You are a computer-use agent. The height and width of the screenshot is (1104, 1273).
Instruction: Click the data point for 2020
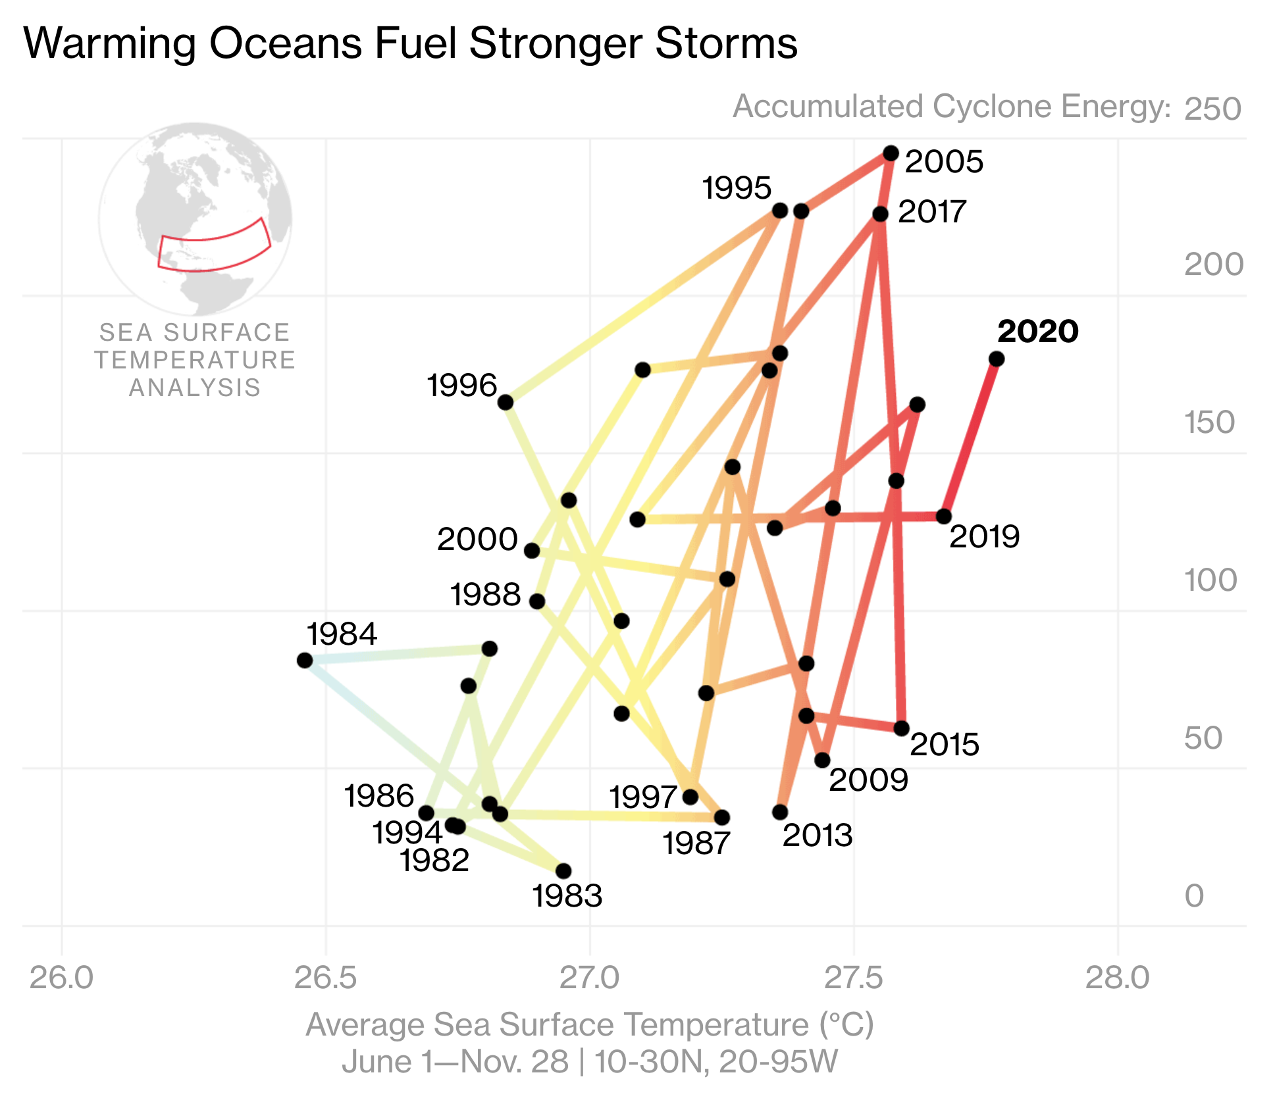[996, 359]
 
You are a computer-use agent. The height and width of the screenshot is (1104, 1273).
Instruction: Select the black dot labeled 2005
[891, 153]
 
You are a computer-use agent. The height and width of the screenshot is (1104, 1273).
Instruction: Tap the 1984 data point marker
[304, 660]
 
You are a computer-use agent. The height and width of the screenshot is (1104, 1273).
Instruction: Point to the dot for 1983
[563, 871]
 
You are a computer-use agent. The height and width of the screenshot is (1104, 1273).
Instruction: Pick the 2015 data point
[902, 728]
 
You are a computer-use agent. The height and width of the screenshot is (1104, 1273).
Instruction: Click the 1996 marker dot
[505, 403]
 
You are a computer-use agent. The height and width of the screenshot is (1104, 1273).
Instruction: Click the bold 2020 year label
[1038, 331]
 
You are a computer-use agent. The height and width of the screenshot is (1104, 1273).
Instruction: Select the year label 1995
[737, 188]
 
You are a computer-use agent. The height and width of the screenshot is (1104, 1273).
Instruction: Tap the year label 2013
[818, 836]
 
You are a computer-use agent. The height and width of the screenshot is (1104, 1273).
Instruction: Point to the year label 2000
[477, 539]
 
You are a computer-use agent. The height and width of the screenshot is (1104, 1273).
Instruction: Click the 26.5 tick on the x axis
[326, 978]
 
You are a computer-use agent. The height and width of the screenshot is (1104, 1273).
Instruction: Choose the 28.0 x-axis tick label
[1117, 978]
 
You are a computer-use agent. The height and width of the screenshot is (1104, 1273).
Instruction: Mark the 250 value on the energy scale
[1212, 109]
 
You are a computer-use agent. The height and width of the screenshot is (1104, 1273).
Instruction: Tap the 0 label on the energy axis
[1194, 896]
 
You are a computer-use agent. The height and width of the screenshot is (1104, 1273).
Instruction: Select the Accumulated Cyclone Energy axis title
[952, 107]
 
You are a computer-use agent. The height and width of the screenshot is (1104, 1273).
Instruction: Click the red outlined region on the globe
[215, 245]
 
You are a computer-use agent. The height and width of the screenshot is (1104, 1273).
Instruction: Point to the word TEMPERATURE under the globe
[195, 361]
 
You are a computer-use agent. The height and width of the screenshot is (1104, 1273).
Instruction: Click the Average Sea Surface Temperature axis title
[590, 1025]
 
